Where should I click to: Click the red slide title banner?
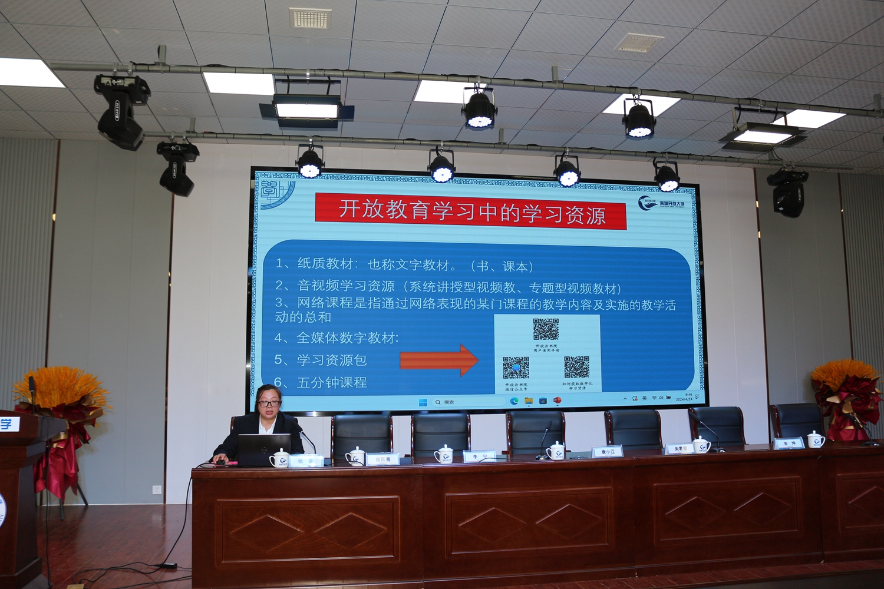tap(470, 211)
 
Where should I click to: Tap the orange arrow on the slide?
tap(439, 360)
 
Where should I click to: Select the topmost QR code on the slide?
tap(546, 329)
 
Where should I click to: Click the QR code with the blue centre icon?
tap(516, 368)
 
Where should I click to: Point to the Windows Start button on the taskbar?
tap(423, 402)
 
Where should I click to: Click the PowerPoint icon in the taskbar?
tap(557, 401)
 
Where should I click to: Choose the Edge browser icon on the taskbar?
tap(514, 401)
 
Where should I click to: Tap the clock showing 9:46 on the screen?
tap(688, 396)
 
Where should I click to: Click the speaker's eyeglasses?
tap(269, 404)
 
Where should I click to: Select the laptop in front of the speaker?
tap(263, 450)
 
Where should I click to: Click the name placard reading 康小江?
tap(608, 452)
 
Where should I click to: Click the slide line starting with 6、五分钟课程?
tap(321, 383)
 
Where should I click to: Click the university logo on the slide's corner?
tap(661, 204)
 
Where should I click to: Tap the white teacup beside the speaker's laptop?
tap(279, 458)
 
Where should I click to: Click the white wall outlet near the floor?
tap(156, 489)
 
